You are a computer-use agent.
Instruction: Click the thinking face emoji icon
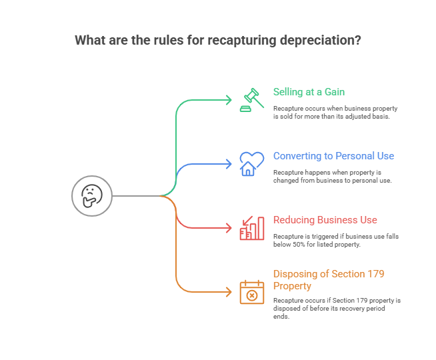pyautogui.click(x=91, y=195)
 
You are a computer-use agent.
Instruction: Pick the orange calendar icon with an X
pyautogui.click(x=251, y=292)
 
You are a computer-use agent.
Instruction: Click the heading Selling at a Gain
pyautogui.click(x=309, y=92)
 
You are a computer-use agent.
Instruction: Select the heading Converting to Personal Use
pyautogui.click(x=333, y=156)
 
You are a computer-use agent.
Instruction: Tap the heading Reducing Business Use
pyautogui.click(x=325, y=220)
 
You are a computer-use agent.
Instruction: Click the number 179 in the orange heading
pyautogui.click(x=375, y=274)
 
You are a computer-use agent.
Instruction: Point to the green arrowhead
pyautogui.click(x=229, y=100)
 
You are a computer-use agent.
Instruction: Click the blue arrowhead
pyautogui.click(x=229, y=164)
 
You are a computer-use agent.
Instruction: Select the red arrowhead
pyautogui.click(x=229, y=228)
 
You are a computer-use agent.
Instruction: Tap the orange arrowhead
pyautogui.click(x=229, y=292)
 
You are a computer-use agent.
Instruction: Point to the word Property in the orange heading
pyautogui.click(x=292, y=286)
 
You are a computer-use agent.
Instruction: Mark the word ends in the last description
pyautogui.click(x=281, y=317)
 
